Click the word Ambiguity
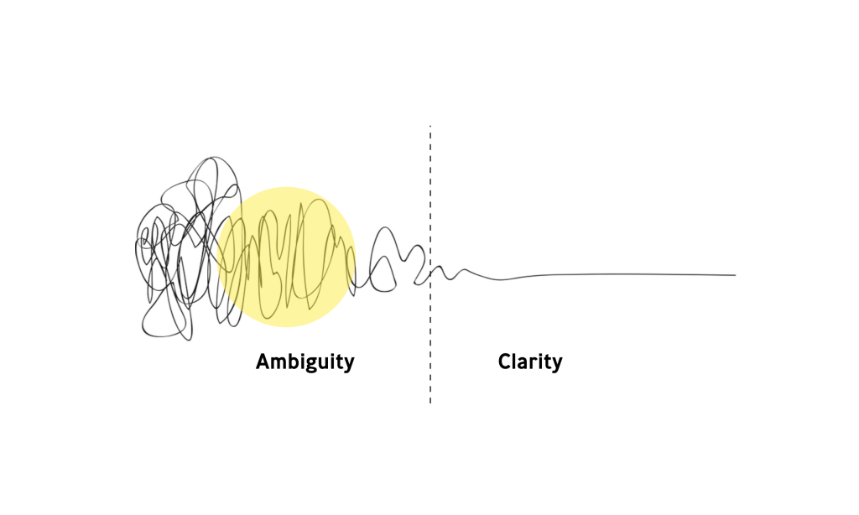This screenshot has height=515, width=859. tap(305, 362)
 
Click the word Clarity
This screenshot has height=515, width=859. tap(529, 362)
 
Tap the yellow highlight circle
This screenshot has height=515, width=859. tap(286, 256)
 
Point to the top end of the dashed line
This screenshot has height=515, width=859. tap(430, 127)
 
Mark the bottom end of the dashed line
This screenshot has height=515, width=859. tap(430, 403)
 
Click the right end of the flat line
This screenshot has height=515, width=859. tap(735, 275)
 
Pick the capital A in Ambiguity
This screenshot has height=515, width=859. tap(263, 362)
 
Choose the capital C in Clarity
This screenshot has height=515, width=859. tap(505, 362)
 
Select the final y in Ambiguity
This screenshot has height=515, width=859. tap(349, 365)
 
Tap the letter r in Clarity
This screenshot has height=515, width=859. tap(536, 364)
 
